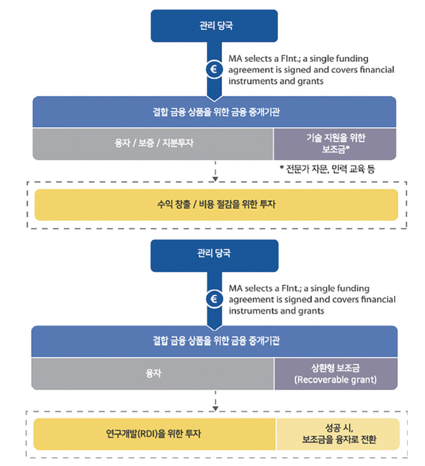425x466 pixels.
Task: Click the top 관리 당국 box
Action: point(215,26)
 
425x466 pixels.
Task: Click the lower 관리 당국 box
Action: point(215,256)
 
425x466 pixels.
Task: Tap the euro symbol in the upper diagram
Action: point(214,69)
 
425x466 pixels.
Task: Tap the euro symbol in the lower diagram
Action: point(214,299)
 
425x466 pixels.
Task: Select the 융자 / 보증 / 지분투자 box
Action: point(153,144)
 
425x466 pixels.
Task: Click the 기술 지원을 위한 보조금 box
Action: point(335,144)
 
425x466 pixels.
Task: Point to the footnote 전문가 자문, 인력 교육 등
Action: point(327,169)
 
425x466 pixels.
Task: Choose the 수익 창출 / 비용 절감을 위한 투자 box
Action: point(216,205)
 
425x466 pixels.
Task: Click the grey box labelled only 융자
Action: point(152,374)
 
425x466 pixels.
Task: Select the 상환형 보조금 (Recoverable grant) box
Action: point(336,374)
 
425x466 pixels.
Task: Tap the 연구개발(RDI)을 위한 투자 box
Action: point(155,434)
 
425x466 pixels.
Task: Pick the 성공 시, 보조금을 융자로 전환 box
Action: point(338,434)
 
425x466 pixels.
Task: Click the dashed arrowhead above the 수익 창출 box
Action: point(216,179)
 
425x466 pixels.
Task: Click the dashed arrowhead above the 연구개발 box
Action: point(216,409)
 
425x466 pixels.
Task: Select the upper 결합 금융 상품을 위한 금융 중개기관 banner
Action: point(215,111)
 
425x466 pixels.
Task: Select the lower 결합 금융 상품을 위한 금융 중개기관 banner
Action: point(215,341)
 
